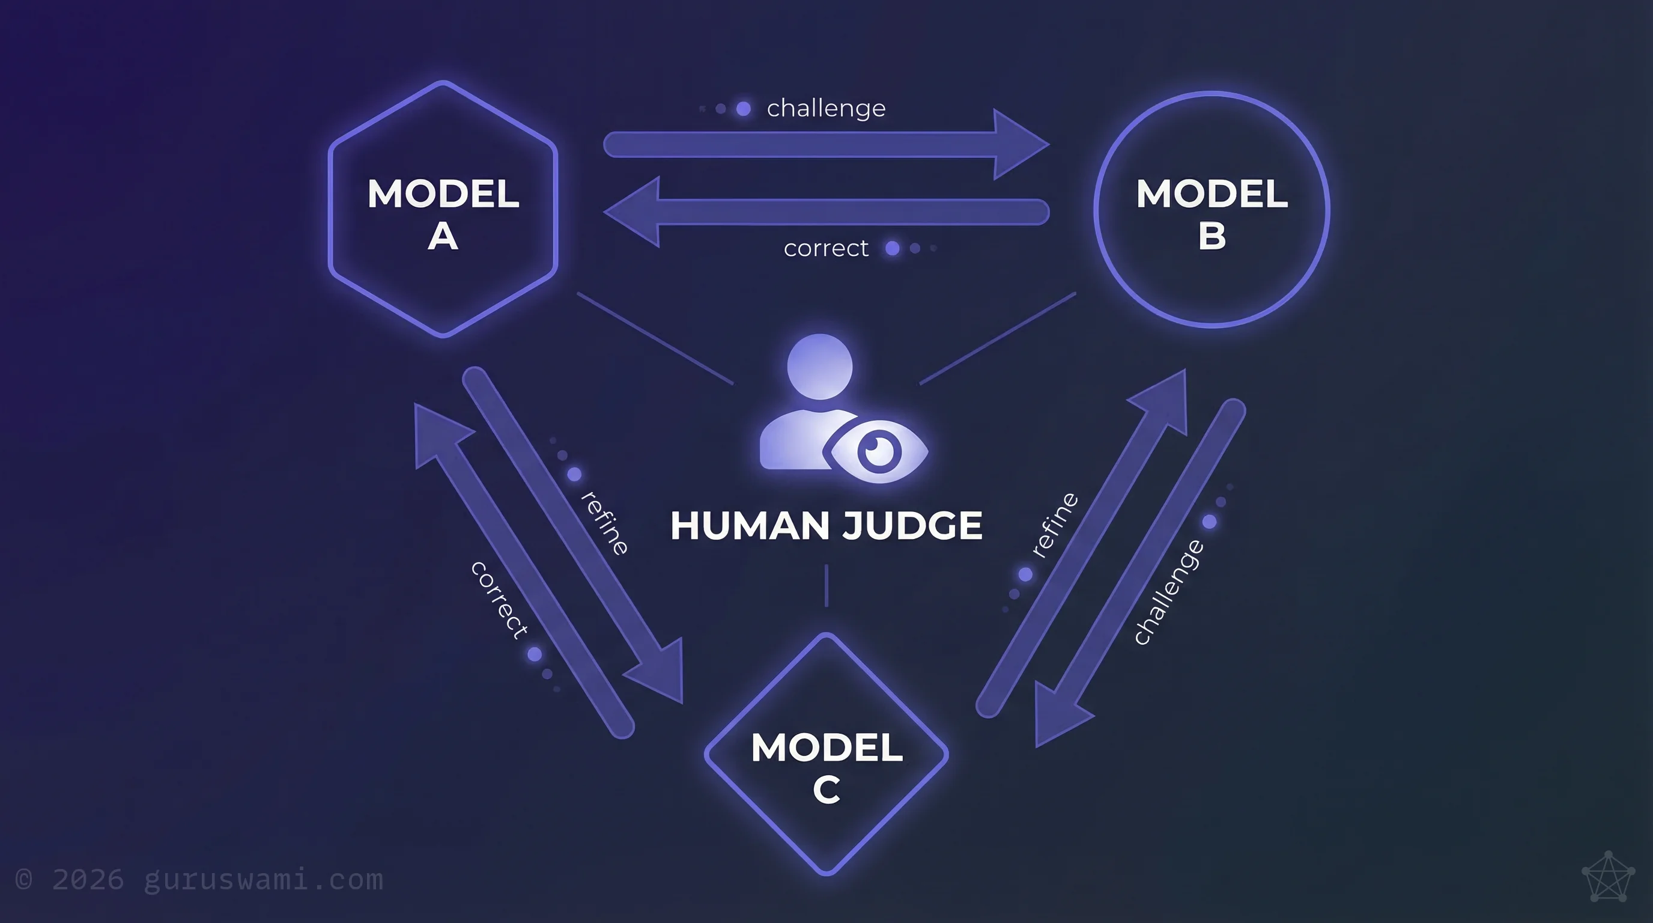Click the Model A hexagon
coord(443,209)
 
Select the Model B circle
coord(1212,209)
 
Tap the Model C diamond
coord(826,755)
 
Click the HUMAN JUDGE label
coord(826,526)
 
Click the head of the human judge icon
coord(819,367)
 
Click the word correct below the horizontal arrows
coord(826,248)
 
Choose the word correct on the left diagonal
coord(500,600)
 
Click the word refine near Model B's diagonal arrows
coord(1055,525)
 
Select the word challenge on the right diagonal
coord(1168,592)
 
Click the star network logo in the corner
coord(1607,877)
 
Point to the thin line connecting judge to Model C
coord(826,585)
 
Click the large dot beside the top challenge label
coord(744,109)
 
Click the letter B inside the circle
coord(1212,236)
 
